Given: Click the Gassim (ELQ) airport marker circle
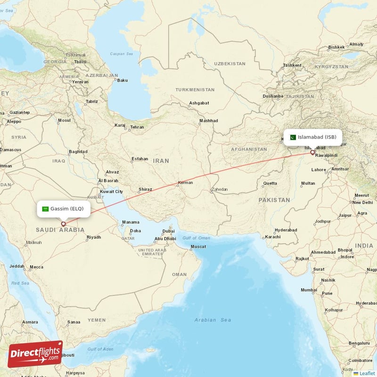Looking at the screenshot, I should tap(63, 224).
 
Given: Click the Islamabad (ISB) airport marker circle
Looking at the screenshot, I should tap(312, 152).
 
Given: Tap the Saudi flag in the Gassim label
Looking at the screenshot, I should tap(45, 209).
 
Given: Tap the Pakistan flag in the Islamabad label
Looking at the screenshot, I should tap(292, 137).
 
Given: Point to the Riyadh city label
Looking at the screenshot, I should tap(94, 237).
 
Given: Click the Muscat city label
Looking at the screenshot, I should tap(198, 247).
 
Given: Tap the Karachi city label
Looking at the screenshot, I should tap(272, 237).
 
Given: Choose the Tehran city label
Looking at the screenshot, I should tap(137, 127).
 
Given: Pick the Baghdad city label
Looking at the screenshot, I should tap(78, 152).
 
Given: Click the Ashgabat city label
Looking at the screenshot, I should tap(199, 103).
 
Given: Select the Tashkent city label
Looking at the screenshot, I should tap(292, 65).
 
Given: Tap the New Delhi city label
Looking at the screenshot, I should tap(363, 202).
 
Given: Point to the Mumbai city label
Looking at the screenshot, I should tap(309, 290).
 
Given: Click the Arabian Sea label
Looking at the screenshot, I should tap(213, 320).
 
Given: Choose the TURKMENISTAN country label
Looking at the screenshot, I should tap(195, 90).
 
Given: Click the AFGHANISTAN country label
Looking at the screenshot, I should tap(249, 149).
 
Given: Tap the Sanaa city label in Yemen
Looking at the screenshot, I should tap(74, 322).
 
